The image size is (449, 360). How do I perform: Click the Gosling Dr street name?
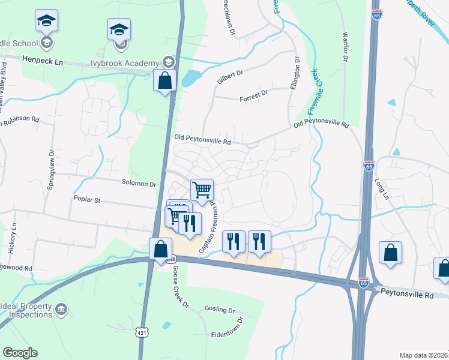[219, 311]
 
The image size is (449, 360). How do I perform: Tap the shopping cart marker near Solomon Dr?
[202, 189]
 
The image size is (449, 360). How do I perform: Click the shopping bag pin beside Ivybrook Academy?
[164, 80]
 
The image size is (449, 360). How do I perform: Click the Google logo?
[20, 353]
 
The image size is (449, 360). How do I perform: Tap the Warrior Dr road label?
[346, 49]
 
